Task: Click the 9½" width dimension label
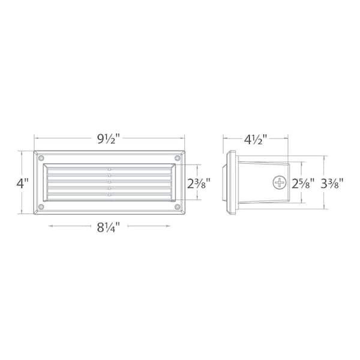pyautogui.click(x=109, y=139)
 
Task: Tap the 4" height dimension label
pyautogui.click(x=22, y=183)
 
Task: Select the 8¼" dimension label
pyautogui.click(x=109, y=227)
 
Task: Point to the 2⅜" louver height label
pyautogui.click(x=199, y=183)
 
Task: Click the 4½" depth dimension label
pyautogui.click(x=256, y=139)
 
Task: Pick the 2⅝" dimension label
pyautogui.click(x=303, y=183)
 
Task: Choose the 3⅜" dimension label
pyautogui.click(x=332, y=183)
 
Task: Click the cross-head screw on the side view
pyautogui.click(x=280, y=183)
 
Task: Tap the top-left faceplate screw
pyautogui.click(x=41, y=158)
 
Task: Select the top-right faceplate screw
pyautogui.click(x=177, y=158)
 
